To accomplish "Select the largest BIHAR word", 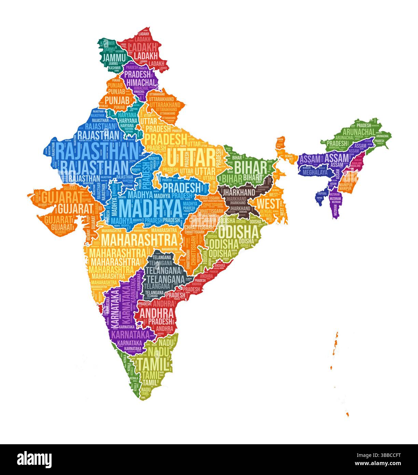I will point(250,167).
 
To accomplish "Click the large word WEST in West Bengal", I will point(268,204).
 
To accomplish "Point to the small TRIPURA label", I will point(320,198).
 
